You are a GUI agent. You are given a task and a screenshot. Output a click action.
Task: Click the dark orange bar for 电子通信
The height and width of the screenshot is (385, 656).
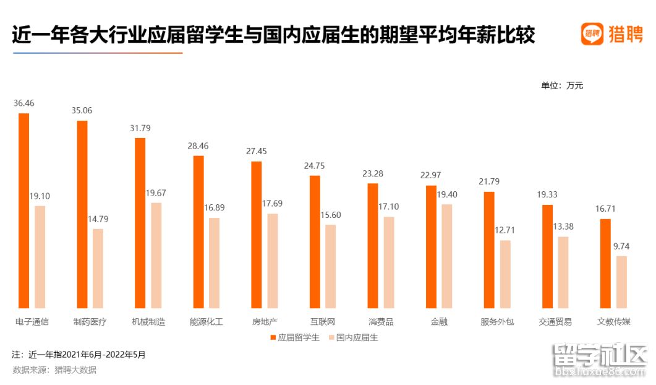tap(24, 210)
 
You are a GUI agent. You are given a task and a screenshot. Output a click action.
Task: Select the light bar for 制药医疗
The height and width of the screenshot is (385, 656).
tap(98, 268)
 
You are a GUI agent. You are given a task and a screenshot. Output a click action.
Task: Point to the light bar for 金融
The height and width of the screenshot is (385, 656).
tap(446, 256)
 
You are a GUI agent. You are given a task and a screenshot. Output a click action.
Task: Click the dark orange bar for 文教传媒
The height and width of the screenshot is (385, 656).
tap(605, 263)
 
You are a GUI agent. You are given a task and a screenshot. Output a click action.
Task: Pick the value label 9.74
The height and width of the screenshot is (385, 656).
tap(621, 246)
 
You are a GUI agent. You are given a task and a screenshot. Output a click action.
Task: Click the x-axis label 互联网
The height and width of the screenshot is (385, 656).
tap(323, 322)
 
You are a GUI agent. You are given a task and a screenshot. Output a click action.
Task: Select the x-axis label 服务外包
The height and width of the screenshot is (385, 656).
tap(497, 322)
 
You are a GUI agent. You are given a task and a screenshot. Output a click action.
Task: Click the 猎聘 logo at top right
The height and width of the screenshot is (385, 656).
tap(612, 34)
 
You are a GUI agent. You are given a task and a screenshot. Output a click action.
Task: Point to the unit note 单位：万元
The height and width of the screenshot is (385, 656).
tap(562, 85)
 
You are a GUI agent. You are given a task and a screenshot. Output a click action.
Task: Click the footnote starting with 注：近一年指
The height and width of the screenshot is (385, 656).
tap(79, 355)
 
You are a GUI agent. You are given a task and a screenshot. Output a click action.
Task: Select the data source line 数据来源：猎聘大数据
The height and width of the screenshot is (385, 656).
tap(54, 370)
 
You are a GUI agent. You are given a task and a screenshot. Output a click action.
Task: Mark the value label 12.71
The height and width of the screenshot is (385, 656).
tap(505, 230)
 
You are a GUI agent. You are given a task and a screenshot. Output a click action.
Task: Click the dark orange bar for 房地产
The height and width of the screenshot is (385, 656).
tap(257, 235)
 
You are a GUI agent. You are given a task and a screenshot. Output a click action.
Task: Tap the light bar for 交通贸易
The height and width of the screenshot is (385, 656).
tap(563, 272)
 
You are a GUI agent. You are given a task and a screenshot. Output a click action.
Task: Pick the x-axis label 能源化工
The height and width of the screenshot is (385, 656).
tap(207, 322)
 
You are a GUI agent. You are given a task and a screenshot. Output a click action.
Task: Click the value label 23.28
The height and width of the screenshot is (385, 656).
tap(373, 173)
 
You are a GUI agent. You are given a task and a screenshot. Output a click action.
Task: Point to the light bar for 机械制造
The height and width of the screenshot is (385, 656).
tap(156, 255)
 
